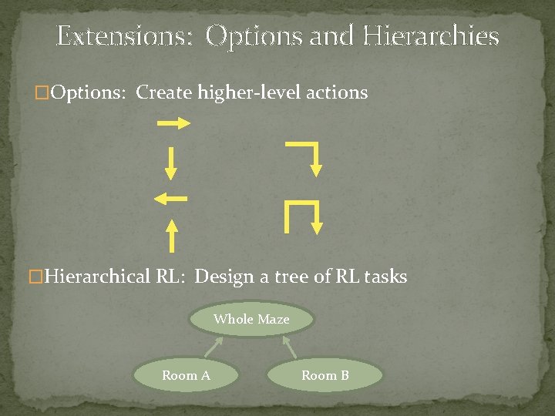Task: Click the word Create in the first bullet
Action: [x=164, y=92]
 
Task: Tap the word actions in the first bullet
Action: [x=338, y=92]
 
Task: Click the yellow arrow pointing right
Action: [x=173, y=123]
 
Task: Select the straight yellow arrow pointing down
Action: [x=171, y=163]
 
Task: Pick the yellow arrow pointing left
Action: [x=170, y=199]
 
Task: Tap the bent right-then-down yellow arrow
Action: [x=308, y=157]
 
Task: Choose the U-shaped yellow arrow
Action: [x=302, y=216]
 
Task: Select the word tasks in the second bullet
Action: [x=385, y=277]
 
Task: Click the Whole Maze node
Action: [x=251, y=319]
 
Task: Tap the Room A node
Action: [x=186, y=375]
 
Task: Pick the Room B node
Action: [x=325, y=375]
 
